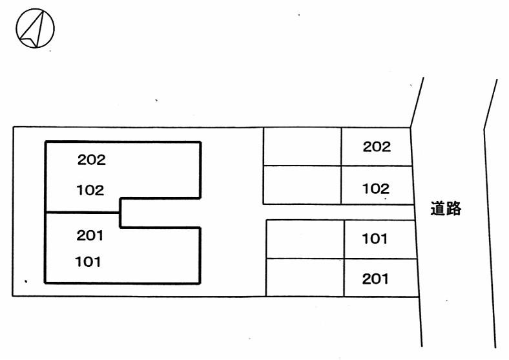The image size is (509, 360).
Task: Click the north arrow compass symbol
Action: [35, 28]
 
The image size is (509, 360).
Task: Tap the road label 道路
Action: [446, 209]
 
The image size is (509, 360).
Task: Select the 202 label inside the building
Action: [91, 160]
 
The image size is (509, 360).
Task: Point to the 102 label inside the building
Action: [90, 190]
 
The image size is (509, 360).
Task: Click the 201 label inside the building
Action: [90, 236]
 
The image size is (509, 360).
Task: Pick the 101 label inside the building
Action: [89, 262]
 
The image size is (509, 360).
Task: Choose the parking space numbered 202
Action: [377, 147]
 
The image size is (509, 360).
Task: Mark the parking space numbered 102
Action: [376, 189]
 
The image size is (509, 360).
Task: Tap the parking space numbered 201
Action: [375, 279]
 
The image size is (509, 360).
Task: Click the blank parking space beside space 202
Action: [302, 147]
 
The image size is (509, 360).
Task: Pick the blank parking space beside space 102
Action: [302, 185]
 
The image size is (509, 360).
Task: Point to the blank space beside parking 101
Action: [305, 239]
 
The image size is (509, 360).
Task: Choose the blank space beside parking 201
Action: [305, 277]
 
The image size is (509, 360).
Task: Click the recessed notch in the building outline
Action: [160, 212]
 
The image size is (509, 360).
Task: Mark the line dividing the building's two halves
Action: [83, 212]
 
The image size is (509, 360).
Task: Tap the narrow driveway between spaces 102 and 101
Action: [336, 212]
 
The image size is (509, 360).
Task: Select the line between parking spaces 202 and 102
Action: [377, 166]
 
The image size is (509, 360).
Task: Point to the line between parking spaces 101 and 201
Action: [380, 259]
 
